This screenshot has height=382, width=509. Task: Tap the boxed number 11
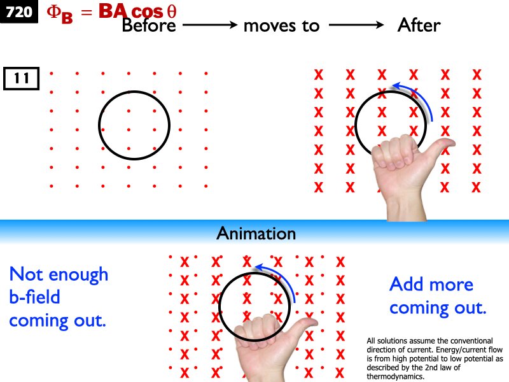pos(22,79)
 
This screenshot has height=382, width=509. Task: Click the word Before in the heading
pos(150,25)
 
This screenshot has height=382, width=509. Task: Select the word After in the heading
pos(419,25)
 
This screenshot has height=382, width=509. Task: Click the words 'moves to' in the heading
pos(281,25)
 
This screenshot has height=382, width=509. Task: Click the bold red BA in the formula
pos(112,11)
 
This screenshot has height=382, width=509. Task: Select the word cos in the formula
pos(148,12)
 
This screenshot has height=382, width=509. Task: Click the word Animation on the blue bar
pos(256,233)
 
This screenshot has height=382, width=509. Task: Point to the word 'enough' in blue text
pos(80,275)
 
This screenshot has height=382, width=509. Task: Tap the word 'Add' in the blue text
pos(407,284)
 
